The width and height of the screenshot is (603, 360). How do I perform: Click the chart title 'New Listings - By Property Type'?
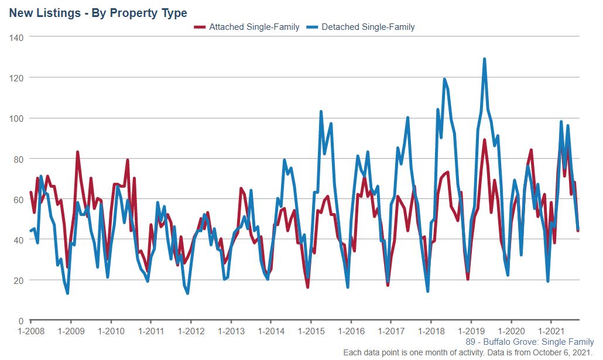98,12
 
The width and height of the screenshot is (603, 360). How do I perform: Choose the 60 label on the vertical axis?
18,200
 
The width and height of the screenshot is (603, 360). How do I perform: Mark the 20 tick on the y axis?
18,280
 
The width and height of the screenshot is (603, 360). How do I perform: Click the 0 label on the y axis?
20,321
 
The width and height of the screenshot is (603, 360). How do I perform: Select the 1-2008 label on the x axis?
31,331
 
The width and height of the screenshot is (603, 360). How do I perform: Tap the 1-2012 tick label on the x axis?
191,331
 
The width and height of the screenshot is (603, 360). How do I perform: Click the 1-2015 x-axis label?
311,331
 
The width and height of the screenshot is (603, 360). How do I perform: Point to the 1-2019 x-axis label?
471,331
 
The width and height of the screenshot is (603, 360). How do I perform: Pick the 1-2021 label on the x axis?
551,331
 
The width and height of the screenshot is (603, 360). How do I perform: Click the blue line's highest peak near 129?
484,59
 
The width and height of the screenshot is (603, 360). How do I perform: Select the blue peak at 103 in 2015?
321,112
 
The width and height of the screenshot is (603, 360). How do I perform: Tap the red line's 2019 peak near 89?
484,140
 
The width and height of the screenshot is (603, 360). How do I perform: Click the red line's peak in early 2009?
77,152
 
